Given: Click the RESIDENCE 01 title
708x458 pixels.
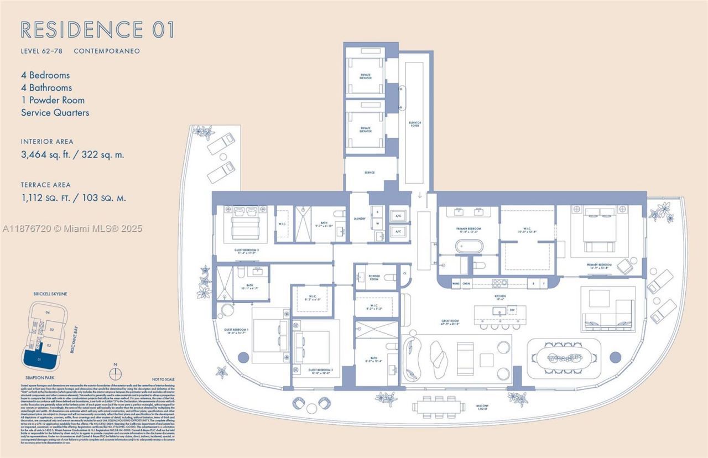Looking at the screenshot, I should click(x=97, y=29).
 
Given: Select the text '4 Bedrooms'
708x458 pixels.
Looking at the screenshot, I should click(x=45, y=75).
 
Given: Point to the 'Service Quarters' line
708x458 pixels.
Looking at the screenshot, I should click(x=55, y=113).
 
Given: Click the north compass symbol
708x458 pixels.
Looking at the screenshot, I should click(x=114, y=366).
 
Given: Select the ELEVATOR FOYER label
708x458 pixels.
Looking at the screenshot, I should click(x=415, y=124).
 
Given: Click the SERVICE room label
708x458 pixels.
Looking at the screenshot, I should click(x=369, y=173).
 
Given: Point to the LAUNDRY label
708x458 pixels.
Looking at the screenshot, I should click(x=360, y=219).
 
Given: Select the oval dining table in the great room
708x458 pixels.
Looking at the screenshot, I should click(x=564, y=358).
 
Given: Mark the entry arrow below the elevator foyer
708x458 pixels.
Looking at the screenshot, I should click(x=420, y=195).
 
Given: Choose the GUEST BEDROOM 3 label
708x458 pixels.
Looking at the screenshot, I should click(x=246, y=250).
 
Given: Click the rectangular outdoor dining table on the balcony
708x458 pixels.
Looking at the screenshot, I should click(x=438, y=407).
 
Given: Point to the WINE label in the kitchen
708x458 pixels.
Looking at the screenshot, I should click(x=456, y=284).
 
